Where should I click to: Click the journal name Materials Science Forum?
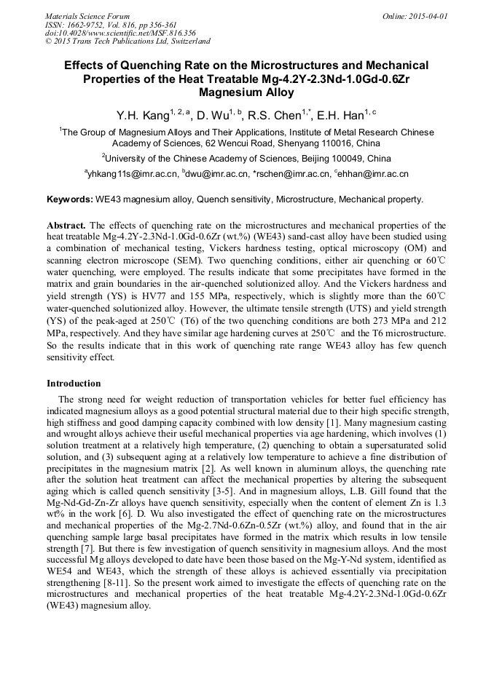pos(87,16)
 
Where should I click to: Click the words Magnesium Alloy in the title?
pos(246,92)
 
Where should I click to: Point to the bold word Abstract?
pos(66,226)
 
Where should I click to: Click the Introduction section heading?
pos(74,383)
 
